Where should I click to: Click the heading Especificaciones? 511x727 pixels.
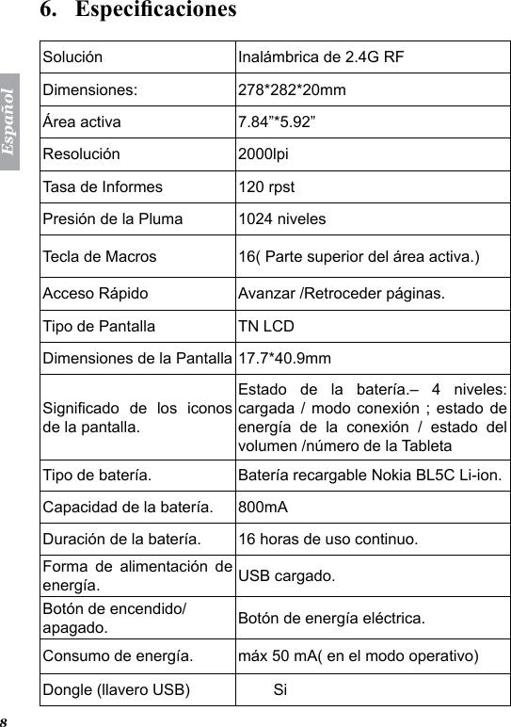tap(155, 10)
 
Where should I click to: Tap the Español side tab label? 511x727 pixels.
tap(10, 122)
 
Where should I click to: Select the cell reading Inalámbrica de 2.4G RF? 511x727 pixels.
tap(320, 57)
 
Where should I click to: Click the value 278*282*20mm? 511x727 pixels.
tap(291, 91)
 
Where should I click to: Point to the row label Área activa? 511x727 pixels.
tap(81, 121)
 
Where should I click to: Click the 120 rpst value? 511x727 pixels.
tap(263, 186)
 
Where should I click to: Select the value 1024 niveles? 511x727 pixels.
tap(282, 219)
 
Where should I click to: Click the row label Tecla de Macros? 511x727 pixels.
tap(100, 256)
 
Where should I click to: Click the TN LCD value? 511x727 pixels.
tap(265, 327)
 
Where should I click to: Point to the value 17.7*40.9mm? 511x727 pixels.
tap(283, 358)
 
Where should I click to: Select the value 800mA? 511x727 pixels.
tap(263, 509)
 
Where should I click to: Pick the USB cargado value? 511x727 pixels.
tap(283, 575)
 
